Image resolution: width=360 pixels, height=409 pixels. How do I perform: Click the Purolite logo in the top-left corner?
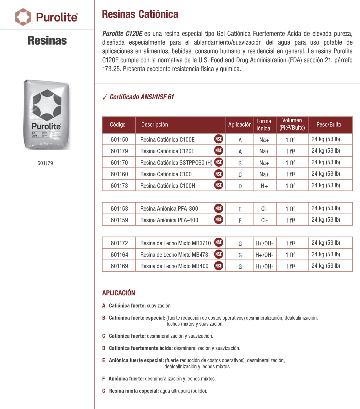[x=47, y=17]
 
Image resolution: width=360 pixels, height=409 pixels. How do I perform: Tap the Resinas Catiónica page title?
[x=140, y=14]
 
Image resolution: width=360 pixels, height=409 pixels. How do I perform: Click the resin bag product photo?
[x=47, y=115]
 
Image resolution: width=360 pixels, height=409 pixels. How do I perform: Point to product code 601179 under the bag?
[x=45, y=163]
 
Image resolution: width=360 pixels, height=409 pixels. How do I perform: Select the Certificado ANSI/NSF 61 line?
[x=141, y=97]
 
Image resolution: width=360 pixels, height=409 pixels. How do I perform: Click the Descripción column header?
[x=154, y=124]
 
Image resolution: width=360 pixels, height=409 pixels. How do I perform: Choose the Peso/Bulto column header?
[x=328, y=124]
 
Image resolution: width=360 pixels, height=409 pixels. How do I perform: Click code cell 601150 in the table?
[x=119, y=139]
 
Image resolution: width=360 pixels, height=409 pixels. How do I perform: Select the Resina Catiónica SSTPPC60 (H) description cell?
[x=176, y=162]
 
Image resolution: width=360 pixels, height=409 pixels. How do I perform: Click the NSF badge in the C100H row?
[x=219, y=185]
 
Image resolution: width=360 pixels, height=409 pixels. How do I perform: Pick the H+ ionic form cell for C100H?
[x=264, y=186]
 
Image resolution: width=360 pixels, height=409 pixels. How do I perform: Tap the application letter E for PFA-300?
[x=240, y=209]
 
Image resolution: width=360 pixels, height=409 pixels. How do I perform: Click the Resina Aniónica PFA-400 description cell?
[x=169, y=220]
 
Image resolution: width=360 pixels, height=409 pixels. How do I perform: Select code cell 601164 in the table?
[x=119, y=254]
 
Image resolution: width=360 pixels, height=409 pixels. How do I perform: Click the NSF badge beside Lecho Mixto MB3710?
[x=219, y=242]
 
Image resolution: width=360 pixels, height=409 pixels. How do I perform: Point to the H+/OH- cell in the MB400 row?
[x=264, y=267]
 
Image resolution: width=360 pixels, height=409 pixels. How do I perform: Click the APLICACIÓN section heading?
[x=118, y=293]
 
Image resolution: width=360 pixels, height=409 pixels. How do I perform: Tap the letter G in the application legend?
[x=104, y=391]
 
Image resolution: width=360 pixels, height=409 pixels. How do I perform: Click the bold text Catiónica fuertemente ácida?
[x=141, y=348]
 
